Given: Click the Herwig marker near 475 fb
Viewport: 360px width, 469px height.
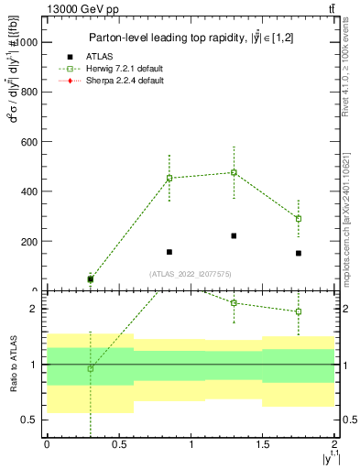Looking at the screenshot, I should pyautogui.click(x=234, y=172).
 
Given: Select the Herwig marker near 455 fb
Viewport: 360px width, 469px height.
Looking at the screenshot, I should pyautogui.click(x=169, y=178).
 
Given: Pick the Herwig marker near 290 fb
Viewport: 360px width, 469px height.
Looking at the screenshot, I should pyautogui.click(x=299, y=218).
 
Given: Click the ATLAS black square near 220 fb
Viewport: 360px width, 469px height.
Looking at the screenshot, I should pyautogui.click(x=234, y=235).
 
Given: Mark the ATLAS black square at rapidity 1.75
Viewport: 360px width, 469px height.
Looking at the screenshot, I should pyautogui.click(x=299, y=253).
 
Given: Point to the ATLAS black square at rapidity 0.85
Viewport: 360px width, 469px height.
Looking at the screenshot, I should pyautogui.click(x=169, y=252).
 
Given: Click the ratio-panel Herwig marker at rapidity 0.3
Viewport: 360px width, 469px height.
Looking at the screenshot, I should pyautogui.click(x=90, y=368).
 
